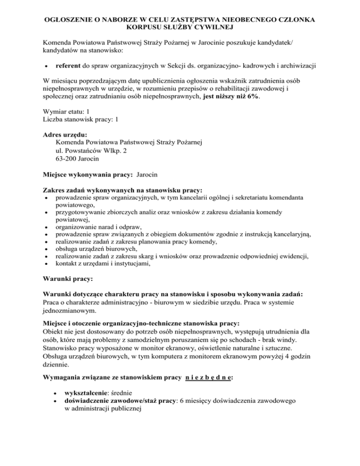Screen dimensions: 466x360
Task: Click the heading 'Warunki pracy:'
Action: (68, 280)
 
